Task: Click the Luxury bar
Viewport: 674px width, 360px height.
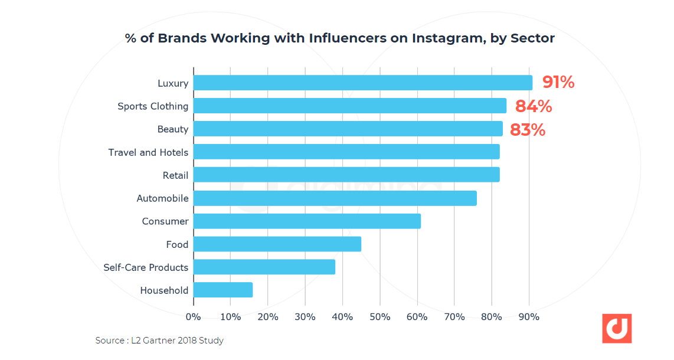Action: [362, 83]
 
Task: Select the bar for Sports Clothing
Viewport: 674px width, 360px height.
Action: [349, 106]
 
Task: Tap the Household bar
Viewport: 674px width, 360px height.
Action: [223, 290]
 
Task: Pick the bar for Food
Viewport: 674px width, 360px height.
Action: [277, 244]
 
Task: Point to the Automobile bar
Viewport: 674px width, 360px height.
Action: [335, 198]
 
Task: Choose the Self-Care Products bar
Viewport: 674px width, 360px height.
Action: [264, 267]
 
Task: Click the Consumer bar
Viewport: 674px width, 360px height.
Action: [307, 221]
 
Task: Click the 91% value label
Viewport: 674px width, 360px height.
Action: [558, 83]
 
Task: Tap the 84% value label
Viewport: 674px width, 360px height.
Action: [534, 107]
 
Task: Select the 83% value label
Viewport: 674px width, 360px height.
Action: [528, 130]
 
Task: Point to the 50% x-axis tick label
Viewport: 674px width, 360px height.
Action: [379, 317]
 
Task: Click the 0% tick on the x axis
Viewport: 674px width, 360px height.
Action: [193, 317]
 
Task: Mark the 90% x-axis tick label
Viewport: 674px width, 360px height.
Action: [529, 317]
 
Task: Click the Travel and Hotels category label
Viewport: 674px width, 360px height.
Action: [148, 152]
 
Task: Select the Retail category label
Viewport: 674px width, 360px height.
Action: [175, 175]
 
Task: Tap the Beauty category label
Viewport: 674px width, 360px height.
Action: [172, 129]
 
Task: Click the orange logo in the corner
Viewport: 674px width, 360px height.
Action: [617, 329]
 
